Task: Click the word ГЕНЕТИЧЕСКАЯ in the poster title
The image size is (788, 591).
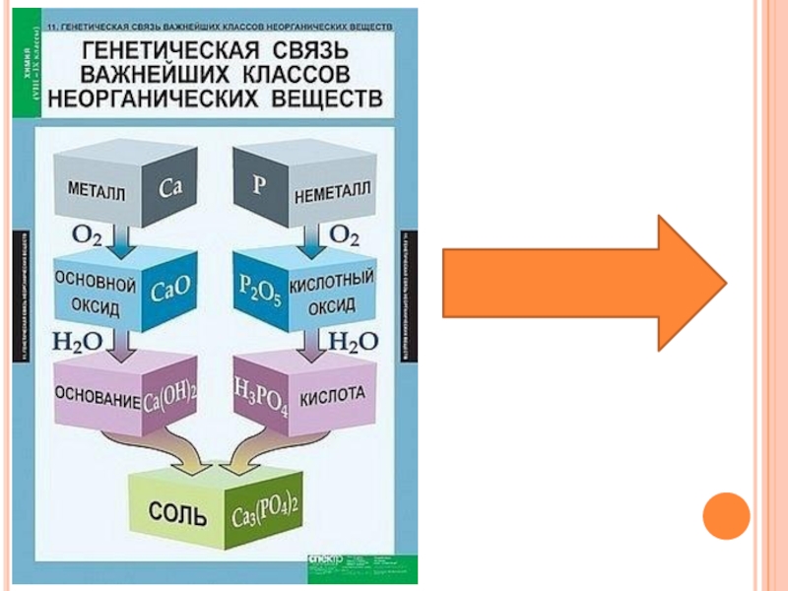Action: (145, 50)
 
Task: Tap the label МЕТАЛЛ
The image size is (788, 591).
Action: (97, 188)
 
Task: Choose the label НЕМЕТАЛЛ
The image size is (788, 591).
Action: (332, 192)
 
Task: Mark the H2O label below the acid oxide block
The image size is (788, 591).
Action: (352, 342)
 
